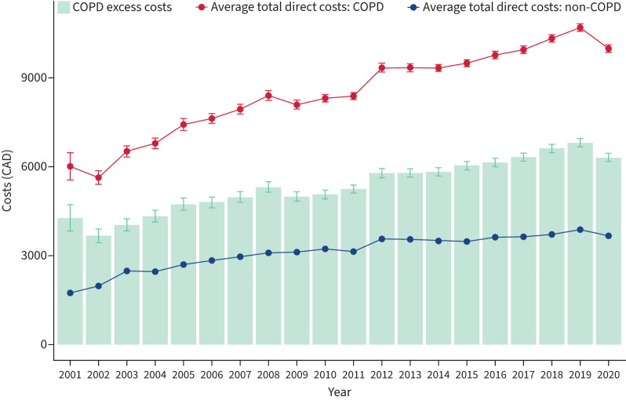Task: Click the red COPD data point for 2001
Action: pyautogui.click(x=71, y=166)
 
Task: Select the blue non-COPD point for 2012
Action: pyautogui.click(x=382, y=239)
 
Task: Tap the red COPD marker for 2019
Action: pyautogui.click(x=580, y=27)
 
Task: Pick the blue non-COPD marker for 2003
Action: pyautogui.click(x=127, y=271)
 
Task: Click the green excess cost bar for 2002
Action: pyautogui.click(x=99, y=290)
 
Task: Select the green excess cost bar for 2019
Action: pyautogui.click(x=580, y=243)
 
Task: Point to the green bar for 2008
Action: pyautogui.click(x=268, y=266)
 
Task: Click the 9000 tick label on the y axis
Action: pyautogui.click(x=34, y=78)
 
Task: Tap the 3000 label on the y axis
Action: pyautogui.click(x=34, y=256)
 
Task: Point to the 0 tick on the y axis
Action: pyautogui.click(x=44, y=344)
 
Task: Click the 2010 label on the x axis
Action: pyautogui.click(x=325, y=375)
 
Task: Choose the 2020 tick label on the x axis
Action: pyautogui.click(x=609, y=375)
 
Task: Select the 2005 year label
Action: pyautogui.click(x=184, y=375)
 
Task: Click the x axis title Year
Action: pyautogui.click(x=340, y=392)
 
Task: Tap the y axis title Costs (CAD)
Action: pyautogui.click(x=7, y=181)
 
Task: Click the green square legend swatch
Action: pyautogui.click(x=64, y=7)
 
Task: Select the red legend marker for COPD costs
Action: pyautogui.click(x=202, y=7)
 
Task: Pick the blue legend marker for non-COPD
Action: pyautogui.click(x=413, y=7)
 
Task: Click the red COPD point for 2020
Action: pyautogui.click(x=609, y=49)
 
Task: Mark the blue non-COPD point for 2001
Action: pyautogui.click(x=71, y=293)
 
